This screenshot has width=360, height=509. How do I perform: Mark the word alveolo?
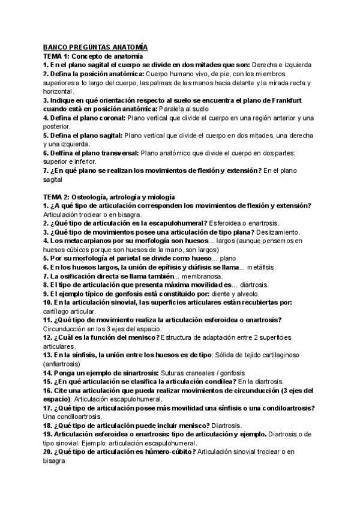click(260, 294)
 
